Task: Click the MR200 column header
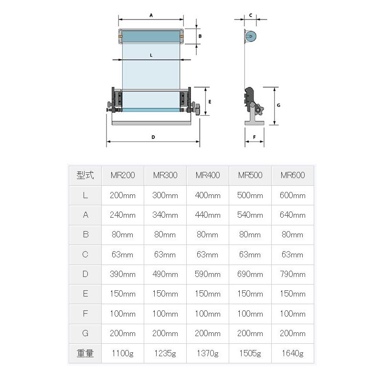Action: coord(123,175)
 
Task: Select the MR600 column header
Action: coord(293,175)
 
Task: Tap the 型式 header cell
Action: coord(85,175)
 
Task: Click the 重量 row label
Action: coord(85,353)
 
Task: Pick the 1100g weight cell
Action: coord(123,353)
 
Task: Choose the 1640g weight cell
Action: coord(293,353)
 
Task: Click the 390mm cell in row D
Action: coord(123,274)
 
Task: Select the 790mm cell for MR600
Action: coord(293,274)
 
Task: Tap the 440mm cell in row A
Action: coord(208,215)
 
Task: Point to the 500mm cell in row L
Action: coord(250,195)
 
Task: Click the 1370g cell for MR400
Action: coord(208,353)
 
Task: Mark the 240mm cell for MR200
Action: coord(123,215)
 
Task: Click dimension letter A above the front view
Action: coord(151,15)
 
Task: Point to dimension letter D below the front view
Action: coord(153,137)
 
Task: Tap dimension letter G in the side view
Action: coord(278,105)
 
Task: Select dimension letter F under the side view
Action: coord(254,137)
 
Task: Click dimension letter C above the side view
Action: coord(250,15)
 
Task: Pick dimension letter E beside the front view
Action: coord(210,102)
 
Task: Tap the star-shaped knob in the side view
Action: coord(259,110)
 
